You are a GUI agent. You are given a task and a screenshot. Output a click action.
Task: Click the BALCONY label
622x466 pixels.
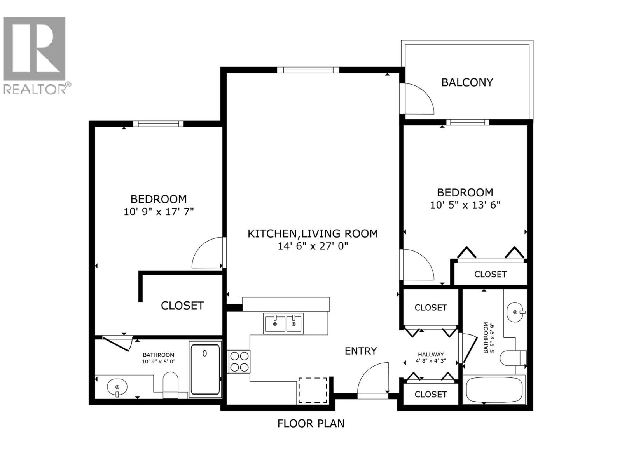click(x=467, y=82)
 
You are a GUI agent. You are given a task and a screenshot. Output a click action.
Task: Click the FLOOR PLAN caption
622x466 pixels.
click(x=311, y=423)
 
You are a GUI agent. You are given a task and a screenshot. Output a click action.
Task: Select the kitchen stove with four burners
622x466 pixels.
click(x=239, y=362)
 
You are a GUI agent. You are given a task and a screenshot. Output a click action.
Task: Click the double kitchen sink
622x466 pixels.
click(x=283, y=323)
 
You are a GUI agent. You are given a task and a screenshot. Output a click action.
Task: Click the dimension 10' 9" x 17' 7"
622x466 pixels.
click(x=159, y=212)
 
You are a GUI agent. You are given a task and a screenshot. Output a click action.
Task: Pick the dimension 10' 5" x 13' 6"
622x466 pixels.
click(x=465, y=205)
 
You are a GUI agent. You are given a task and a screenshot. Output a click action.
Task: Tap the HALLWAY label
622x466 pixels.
click(x=431, y=355)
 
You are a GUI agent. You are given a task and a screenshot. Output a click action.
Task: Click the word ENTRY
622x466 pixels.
click(x=361, y=351)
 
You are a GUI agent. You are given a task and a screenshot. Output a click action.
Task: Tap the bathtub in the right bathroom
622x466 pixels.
click(x=494, y=389)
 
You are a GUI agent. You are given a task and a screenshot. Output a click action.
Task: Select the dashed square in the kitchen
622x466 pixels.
click(x=313, y=390)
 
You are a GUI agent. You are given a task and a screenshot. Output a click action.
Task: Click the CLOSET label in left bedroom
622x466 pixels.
click(x=182, y=306)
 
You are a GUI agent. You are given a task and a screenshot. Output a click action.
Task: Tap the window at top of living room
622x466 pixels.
click(x=308, y=70)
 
